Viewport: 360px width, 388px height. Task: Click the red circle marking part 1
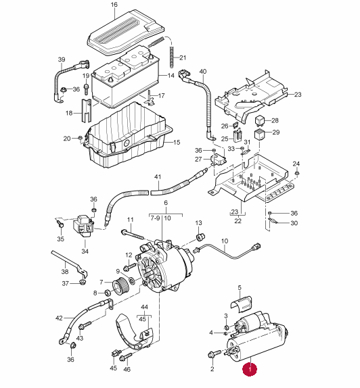[x=250, y=370]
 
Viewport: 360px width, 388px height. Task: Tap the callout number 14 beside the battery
[x=171, y=76]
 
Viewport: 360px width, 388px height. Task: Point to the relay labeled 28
[x=260, y=120]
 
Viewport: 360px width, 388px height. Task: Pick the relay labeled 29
[x=259, y=135]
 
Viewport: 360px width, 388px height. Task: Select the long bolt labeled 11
[x=133, y=235]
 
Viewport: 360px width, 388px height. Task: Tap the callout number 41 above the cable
[x=158, y=177]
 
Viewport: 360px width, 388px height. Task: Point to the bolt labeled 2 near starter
[x=214, y=354]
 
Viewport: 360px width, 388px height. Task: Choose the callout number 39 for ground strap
[x=62, y=59]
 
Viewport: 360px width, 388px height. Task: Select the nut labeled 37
[x=83, y=282]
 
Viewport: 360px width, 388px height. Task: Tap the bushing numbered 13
[x=200, y=237]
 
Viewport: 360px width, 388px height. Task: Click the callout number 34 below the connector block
[x=85, y=251]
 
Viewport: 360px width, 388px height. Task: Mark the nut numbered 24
[x=297, y=173]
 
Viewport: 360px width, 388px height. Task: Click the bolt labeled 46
[x=126, y=357]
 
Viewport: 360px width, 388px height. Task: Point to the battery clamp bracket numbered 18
[x=86, y=110]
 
